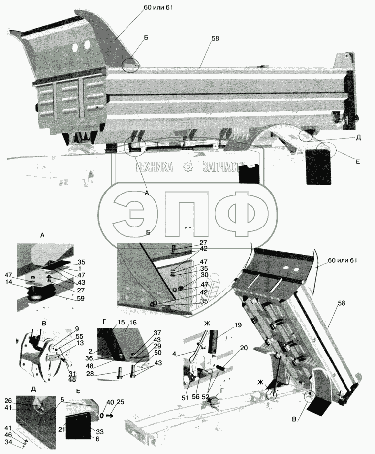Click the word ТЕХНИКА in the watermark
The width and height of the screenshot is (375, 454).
155,168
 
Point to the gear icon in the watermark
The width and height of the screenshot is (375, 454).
187,168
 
